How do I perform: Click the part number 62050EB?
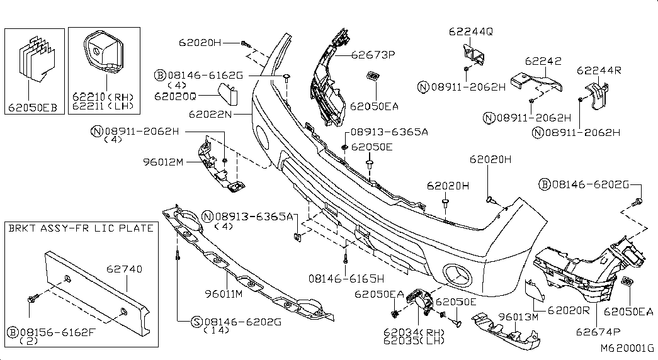pos(33,108)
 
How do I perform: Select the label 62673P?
pos(373,55)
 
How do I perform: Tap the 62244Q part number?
pos(471,31)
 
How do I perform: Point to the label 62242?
pos(543,61)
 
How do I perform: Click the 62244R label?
pos(599,70)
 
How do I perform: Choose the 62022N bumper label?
pos(210,114)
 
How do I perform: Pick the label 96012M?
pos(163,162)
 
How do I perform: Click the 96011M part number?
pos(224,294)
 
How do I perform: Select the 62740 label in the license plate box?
pos(124,269)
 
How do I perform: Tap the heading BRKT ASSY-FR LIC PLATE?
pos(81,228)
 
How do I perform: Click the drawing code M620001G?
pos(627,348)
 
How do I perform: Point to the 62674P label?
pos(598,332)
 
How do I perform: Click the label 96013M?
pos(518,317)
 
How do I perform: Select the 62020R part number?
pos(569,310)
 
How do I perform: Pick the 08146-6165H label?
pos(346,279)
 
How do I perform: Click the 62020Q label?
pos(176,96)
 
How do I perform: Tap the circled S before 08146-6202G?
pos(196,322)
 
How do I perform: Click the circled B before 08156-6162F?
pos(13,333)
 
